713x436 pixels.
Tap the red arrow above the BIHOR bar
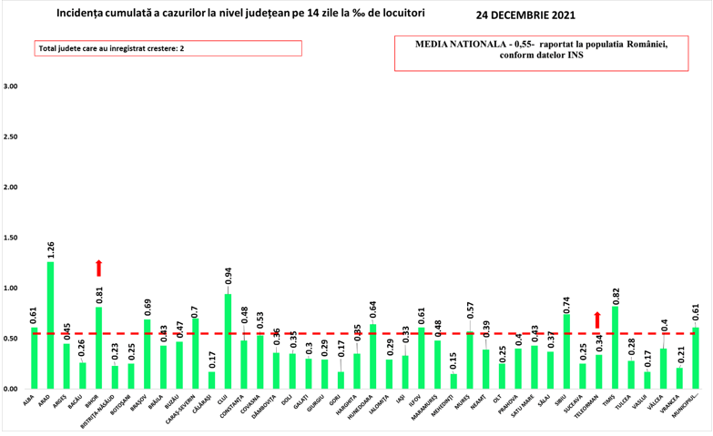(x=98, y=268)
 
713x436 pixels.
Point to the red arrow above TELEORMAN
(x=597, y=319)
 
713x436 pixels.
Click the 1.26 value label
(x=50, y=248)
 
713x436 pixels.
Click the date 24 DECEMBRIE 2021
(x=525, y=15)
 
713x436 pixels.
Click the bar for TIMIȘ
(x=615, y=348)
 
